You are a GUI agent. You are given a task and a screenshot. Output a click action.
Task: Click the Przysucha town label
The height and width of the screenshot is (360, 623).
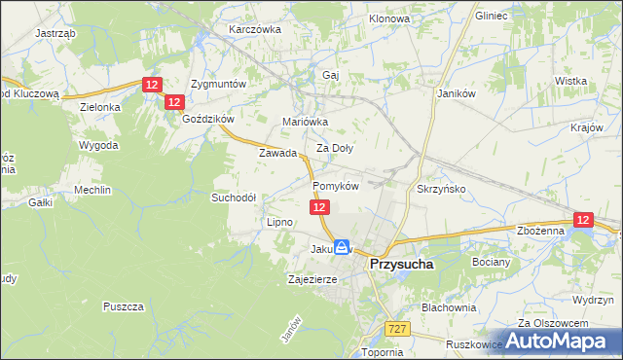[x=400, y=263]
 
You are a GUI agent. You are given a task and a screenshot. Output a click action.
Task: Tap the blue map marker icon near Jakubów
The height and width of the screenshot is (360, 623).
[x=342, y=248]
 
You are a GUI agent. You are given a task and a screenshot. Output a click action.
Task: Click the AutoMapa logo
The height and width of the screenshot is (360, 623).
[x=563, y=341]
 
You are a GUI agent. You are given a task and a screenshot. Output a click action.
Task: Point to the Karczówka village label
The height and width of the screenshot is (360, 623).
[x=254, y=29]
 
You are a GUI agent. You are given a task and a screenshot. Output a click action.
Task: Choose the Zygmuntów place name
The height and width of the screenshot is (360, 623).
[x=219, y=84]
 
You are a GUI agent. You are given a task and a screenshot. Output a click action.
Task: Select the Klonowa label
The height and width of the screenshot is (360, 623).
[x=390, y=18]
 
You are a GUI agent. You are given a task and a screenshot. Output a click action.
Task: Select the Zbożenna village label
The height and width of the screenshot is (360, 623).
[x=541, y=231]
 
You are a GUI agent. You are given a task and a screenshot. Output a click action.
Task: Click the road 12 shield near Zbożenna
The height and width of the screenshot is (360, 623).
[x=583, y=221]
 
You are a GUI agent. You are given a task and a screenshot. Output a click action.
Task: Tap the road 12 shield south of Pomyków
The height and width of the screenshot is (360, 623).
[x=320, y=208]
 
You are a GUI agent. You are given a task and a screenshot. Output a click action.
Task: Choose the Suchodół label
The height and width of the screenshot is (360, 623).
[x=234, y=197]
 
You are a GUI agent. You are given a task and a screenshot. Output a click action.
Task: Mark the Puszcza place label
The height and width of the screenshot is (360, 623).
[x=123, y=306]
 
